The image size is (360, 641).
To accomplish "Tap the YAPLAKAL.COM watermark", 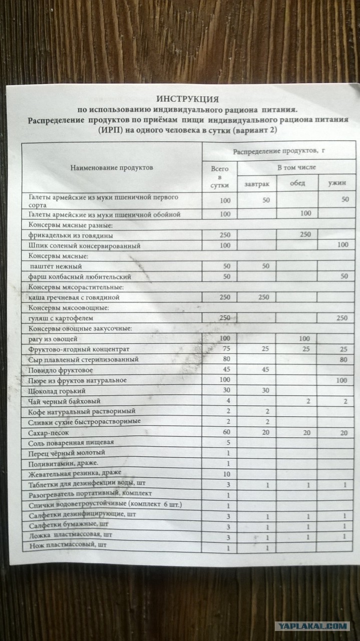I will (312, 626).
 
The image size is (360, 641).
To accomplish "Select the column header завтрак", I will (257, 184).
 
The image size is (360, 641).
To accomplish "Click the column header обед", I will (297, 183).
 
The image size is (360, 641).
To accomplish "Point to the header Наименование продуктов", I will (112, 168).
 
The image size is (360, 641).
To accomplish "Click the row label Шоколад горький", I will (58, 391).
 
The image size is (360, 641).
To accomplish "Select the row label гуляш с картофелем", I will (62, 318).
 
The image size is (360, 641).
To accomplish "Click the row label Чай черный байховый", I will (65, 401).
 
